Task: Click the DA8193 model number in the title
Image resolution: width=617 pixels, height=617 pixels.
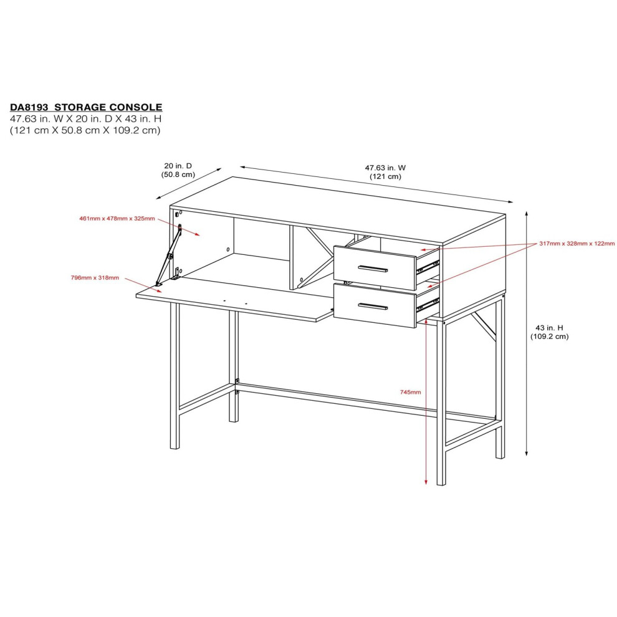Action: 29,107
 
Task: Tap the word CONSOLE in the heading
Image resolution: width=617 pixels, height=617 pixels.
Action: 135,107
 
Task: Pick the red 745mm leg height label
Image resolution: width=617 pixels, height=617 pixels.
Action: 411,392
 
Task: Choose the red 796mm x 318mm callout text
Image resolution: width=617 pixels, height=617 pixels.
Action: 95,278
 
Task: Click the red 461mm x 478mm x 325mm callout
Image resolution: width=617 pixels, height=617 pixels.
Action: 117,218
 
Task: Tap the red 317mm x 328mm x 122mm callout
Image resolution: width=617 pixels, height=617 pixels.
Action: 577,244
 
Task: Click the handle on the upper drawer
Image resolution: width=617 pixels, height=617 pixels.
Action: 373,269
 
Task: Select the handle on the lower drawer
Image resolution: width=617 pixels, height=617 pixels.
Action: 373,306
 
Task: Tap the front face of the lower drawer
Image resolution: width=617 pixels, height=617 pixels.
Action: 375,306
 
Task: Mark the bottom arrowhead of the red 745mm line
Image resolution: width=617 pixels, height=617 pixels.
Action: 426,482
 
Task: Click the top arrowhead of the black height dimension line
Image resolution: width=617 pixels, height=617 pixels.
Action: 527,213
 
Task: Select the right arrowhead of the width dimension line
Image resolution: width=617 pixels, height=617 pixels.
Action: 511,202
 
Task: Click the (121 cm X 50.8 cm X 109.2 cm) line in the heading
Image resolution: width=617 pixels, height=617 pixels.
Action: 85,130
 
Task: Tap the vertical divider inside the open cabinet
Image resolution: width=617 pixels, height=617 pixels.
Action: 292,258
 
